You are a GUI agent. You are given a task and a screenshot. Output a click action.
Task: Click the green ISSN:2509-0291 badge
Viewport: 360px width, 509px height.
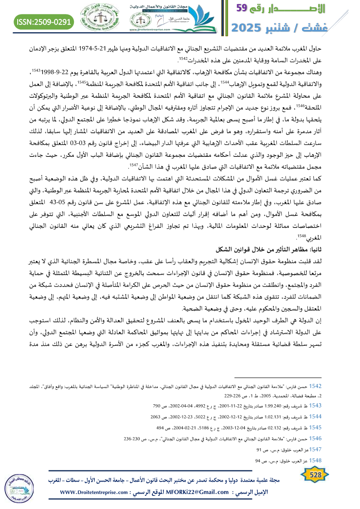click(x=44, y=21)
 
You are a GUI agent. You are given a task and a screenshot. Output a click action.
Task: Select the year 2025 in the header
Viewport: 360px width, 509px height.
click(x=249, y=28)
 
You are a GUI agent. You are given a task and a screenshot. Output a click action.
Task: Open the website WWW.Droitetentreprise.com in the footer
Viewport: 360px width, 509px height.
click(x=93, y=492)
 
